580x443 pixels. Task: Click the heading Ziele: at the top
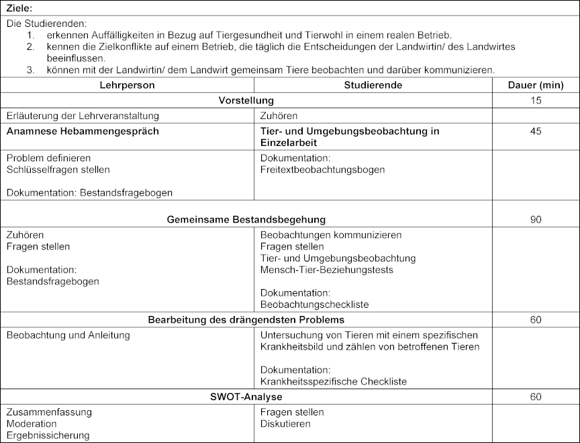(x=19, y=7)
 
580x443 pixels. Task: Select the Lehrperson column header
(x=127, y=85)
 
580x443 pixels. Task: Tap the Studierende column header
(x=373, y=85)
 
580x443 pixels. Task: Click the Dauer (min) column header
(x=535, y=85)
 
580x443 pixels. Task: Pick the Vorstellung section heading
(x=246, y=101)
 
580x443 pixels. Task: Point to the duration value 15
(x=535, y=101)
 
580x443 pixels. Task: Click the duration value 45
(x=535, y=131)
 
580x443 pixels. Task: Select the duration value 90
(x=535, y=219)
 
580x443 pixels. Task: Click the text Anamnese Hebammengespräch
(x=83, y=131)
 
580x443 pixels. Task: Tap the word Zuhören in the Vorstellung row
(x=279, y=116)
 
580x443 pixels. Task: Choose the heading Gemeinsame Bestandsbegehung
(x=246, y=219)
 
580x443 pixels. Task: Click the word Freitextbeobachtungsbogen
(x=322, y=169)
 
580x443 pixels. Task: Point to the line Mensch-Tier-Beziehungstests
(x=327, y=270)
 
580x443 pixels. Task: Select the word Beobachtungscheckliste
(x=314, y=305)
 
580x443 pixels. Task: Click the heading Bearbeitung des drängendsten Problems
(x=246, y=319)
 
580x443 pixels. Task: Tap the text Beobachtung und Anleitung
(x=68, y=335)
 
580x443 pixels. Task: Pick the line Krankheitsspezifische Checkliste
(x=333, y=381)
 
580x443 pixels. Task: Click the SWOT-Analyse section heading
(x=246, y=397)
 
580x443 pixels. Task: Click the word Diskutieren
(x=285, y=424)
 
